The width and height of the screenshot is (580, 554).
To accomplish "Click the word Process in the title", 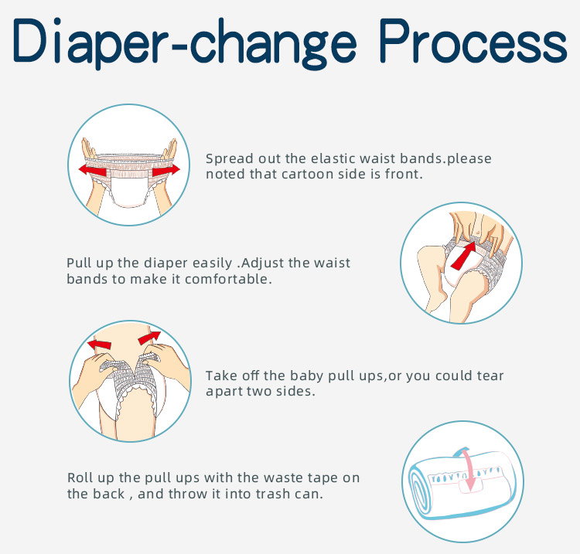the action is click(473, 41).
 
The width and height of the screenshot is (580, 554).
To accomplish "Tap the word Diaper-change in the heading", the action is click(185, 43).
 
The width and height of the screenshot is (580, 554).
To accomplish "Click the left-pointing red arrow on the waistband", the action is click(93, 171).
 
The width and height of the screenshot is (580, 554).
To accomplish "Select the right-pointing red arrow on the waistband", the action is click(166, 171).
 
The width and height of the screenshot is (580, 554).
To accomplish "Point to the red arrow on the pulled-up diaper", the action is click(463, 255).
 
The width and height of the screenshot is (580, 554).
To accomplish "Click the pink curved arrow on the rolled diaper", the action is click(467, 469).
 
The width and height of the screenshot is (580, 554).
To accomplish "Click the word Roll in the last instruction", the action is click(78, 478).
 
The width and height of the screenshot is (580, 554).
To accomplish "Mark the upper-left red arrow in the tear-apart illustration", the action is click(99, 345).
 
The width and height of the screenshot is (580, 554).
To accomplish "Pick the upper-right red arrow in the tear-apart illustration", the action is click(149, 338).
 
